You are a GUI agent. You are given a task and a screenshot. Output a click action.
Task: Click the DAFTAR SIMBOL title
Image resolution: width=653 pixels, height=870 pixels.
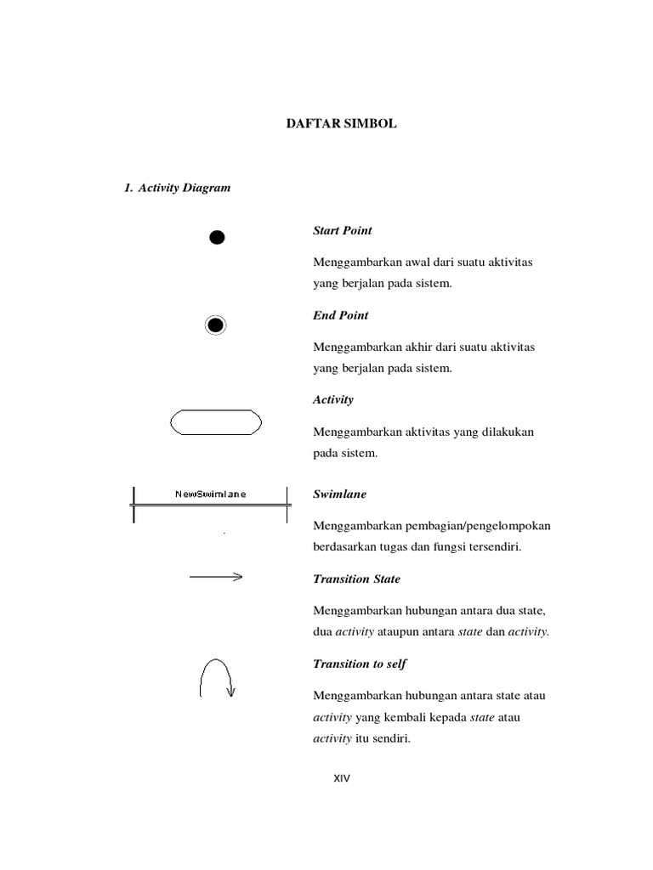[340, 124]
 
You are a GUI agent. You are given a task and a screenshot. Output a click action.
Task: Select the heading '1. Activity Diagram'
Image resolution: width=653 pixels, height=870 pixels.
[177, 188]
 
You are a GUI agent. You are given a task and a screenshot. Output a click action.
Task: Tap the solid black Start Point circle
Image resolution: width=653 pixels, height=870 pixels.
[218, 237]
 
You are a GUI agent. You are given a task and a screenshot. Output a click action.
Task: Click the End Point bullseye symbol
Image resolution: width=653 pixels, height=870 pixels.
[216, 325]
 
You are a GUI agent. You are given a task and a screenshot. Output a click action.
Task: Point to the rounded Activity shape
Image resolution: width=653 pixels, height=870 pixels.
[216, 422]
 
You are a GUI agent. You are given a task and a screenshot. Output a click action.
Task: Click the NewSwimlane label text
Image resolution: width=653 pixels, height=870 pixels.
[211, 494]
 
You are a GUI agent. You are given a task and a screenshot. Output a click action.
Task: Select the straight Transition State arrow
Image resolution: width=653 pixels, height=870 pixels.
[216, 578]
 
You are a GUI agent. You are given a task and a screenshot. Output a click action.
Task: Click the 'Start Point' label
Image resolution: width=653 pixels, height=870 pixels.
[343, 230]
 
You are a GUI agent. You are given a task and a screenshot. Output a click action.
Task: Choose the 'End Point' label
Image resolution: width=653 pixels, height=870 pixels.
[341, 315]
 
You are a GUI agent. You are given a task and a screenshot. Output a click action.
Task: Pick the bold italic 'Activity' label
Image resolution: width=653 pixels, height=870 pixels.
[333, 399]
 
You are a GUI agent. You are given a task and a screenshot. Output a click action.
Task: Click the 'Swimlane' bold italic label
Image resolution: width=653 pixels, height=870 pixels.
[340, 494]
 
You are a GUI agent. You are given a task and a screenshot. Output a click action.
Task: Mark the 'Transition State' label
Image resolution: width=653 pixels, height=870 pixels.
[356, 579]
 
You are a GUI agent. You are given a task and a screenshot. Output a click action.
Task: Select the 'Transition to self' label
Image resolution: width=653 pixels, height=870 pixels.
[360, 664]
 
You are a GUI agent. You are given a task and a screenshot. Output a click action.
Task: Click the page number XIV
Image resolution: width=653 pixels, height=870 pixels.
[341, 778]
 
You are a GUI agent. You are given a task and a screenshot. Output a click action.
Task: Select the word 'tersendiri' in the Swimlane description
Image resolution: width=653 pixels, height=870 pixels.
[493, 547]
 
